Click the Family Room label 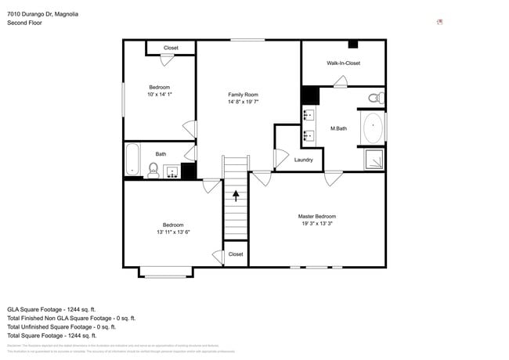[243, 94]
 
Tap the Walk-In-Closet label [343, 63]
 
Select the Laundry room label [303, 160]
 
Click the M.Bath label [338, 128]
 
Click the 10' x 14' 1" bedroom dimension [160, 95]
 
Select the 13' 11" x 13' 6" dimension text [173, 232]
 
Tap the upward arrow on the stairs [235, 193]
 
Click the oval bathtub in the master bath [373, 128]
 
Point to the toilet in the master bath [374, 99]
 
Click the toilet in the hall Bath [153, 168]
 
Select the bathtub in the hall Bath [133, 160]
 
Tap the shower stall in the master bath [375, 159]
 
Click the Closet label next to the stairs [235, 254]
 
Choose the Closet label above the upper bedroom [171, 48]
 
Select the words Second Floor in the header [24, 23]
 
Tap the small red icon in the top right [440, 22]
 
